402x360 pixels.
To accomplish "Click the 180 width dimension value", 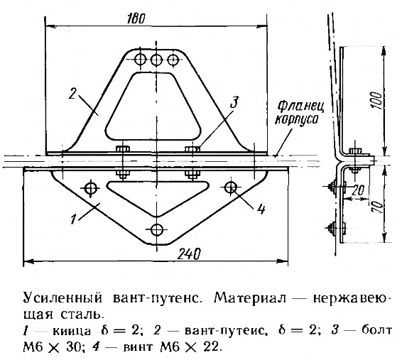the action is tap(136, 18).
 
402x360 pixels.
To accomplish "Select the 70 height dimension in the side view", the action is tap(379, 206).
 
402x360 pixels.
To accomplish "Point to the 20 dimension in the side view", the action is tap(358, 190).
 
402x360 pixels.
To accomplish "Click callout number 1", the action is tap(74, 219).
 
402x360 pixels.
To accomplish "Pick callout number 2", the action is tap(72, 94).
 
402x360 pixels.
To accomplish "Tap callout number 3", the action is tap(234, 102).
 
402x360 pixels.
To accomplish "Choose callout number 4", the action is tap(261, 209).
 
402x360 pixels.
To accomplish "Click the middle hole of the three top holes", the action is tap(156, 60).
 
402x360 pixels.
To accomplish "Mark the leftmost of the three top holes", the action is tap(140, 60).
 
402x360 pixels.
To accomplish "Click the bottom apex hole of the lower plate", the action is tap(157, 230).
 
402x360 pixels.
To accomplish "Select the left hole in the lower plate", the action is tap(90, 189).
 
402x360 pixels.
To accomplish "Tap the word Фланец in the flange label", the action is tap(300, 107).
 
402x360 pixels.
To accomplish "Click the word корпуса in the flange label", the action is tap(297, 120).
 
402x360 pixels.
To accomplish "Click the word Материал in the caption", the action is tap(251, 298).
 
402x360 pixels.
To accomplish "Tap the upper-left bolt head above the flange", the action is tap(123, 148).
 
